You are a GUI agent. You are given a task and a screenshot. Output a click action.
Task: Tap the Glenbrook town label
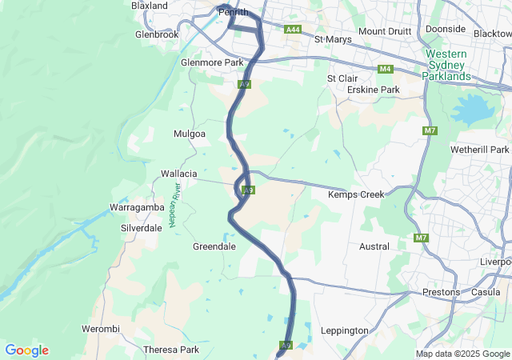[157, 35]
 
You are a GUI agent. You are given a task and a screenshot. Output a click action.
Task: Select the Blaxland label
[150, 6]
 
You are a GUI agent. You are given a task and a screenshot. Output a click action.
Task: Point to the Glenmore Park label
[211, 62]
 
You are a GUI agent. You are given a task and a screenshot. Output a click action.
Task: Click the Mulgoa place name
[190, 134]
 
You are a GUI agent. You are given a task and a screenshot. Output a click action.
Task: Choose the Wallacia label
[178, 174]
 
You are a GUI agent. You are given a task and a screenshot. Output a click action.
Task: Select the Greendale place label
[214, 246]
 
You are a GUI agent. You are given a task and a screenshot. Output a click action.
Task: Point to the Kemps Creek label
[356, 194]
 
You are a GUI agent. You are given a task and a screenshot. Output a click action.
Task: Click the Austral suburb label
[374, 246]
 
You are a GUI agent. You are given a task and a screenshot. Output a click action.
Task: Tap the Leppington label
[344, 330]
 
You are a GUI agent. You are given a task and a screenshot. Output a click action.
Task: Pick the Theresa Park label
[170, 350]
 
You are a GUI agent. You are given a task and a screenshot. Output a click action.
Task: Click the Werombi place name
[100, 329]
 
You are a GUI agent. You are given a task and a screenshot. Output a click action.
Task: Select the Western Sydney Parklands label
[446, 65]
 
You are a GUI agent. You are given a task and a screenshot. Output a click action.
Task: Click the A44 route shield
[293, 30]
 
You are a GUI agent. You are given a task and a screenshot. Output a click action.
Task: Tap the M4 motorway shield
[386, 69]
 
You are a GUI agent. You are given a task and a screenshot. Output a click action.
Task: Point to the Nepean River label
[175, 206]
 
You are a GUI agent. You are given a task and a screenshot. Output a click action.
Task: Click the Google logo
[27, 350]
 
